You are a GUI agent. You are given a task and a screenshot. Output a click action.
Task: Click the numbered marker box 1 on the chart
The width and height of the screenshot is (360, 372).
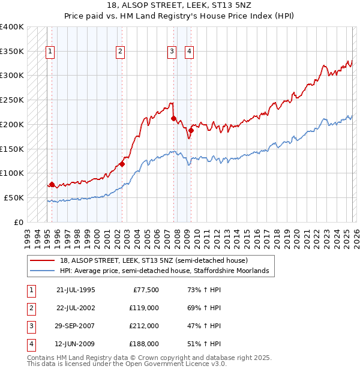coord(49,52)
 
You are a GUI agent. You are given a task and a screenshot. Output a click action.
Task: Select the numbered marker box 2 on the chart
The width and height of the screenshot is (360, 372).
coord(121,52)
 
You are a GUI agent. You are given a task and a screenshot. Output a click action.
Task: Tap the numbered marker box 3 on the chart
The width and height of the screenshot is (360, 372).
coord(172,52)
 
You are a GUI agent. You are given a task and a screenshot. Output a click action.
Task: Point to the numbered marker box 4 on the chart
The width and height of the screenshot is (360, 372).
coord(189,52)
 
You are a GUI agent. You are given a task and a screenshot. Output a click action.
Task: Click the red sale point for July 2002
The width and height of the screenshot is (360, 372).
coord(122,163)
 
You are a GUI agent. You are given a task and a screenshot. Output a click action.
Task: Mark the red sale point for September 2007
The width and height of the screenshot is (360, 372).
coord(173,118)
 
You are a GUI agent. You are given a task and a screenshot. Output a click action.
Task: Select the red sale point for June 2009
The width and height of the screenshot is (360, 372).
coord(190,130)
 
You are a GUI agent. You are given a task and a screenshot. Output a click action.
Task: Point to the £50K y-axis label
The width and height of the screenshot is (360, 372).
coord(14,197)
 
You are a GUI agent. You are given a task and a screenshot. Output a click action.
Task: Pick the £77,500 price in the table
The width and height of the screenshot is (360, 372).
coord(146,290)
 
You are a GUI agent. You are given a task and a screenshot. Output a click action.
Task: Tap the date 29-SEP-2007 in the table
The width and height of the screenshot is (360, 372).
coord(76,327)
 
